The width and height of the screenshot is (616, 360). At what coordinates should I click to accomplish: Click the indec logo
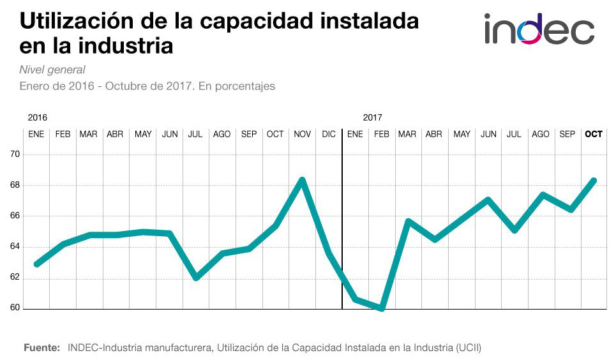(539, 30)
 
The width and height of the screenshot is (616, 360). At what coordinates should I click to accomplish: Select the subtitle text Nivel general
(52, 70)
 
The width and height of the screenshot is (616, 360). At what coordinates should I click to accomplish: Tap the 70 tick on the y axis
(13, 154)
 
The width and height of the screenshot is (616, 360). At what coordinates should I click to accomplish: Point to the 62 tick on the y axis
(13, 278)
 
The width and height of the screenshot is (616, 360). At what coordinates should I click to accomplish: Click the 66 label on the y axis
(13, 216)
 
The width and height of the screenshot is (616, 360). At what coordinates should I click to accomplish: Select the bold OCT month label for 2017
(594, 134)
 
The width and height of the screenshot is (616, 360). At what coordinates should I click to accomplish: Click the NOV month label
(302, 134)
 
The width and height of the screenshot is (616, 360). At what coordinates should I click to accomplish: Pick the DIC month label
(329, 134)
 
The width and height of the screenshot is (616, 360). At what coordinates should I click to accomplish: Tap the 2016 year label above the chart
(38, 117)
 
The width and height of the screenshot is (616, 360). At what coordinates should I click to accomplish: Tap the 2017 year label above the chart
(372, 117)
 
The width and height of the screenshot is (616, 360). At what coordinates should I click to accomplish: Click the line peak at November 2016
(302, 179)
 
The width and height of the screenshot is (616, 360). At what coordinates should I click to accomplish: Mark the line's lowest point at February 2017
(382, 308)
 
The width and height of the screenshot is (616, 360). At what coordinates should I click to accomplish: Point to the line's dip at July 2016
(196, 278)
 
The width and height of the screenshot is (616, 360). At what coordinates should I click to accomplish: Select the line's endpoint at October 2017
(594, 181)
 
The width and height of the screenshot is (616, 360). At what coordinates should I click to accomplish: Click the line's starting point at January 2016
(36, 264)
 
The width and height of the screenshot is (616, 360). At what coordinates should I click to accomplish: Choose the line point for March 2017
(408, 221)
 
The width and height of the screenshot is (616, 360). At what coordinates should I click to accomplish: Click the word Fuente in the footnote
(42, 348)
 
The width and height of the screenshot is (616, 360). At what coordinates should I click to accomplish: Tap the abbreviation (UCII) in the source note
(469, 348)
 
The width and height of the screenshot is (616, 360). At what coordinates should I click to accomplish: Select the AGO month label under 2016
(222, 134)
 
